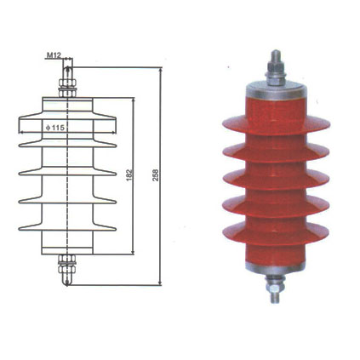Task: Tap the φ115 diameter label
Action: coord(57,128)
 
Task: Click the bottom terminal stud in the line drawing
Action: coord(66,270)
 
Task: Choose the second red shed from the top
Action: coord(274,154)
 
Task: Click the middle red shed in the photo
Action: coord(274,180)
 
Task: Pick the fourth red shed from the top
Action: coord(274,204)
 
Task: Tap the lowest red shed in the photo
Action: coord(274,230)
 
